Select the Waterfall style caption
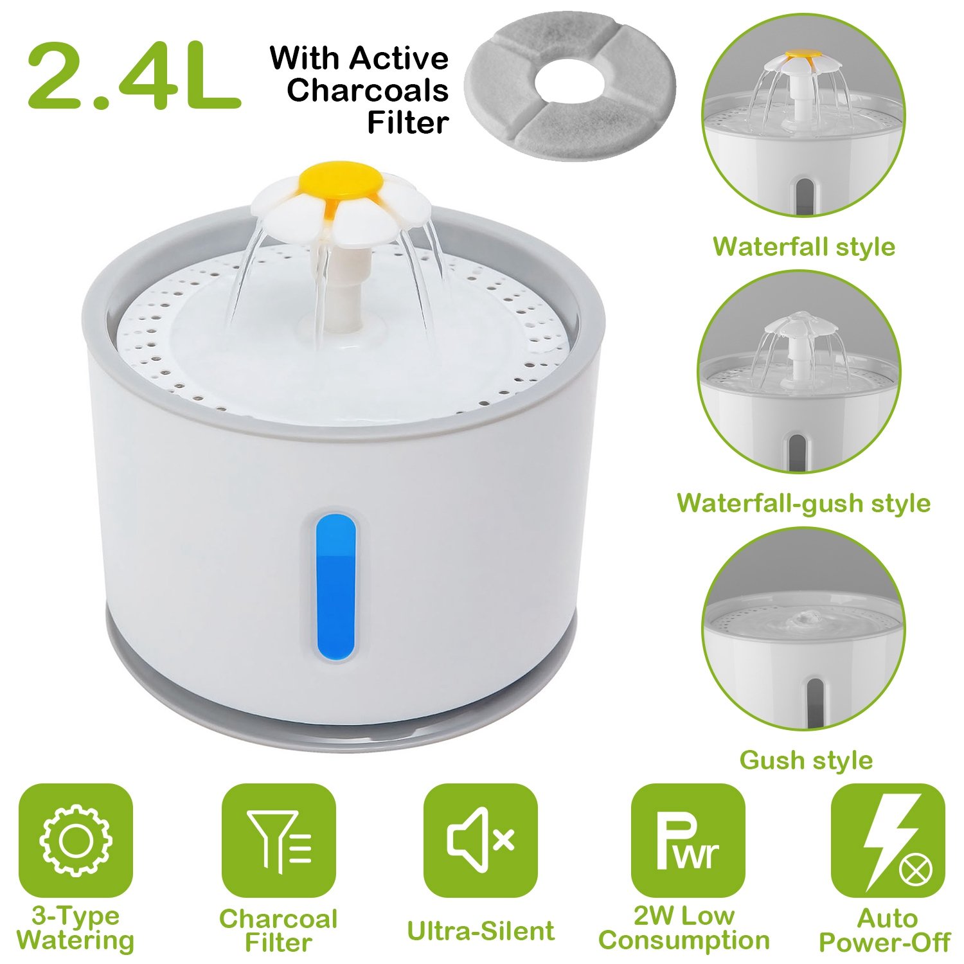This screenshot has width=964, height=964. pyautogui.click(x=804, y=246)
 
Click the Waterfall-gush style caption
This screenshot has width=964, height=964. pyautogui.click(x=803, y=503)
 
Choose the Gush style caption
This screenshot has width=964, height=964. pyautogui.click(x=806, y=760)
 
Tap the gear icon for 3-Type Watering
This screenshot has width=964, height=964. pyautogui.click(x=76, y=840)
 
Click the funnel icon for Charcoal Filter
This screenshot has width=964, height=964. pyautogui.click(x=278, y=840)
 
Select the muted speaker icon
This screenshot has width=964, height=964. pyautogui.click(x=481, y=839)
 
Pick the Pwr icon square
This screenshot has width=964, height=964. pyautogui.click(x=688, y=840)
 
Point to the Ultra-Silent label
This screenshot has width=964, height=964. pyautogui.click(x=481, y=931)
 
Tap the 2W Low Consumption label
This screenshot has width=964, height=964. pyautogui.click(x=684, y=928)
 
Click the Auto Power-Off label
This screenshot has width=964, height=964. pyautogui.click(x=884, y=930)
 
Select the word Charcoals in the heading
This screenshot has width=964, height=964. pyautogui.click(x=368, y=90)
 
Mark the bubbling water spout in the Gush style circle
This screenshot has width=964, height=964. pyautogui.click(x=802, y=619)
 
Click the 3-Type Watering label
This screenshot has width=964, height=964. pyautogui.click(x=76, y=928)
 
